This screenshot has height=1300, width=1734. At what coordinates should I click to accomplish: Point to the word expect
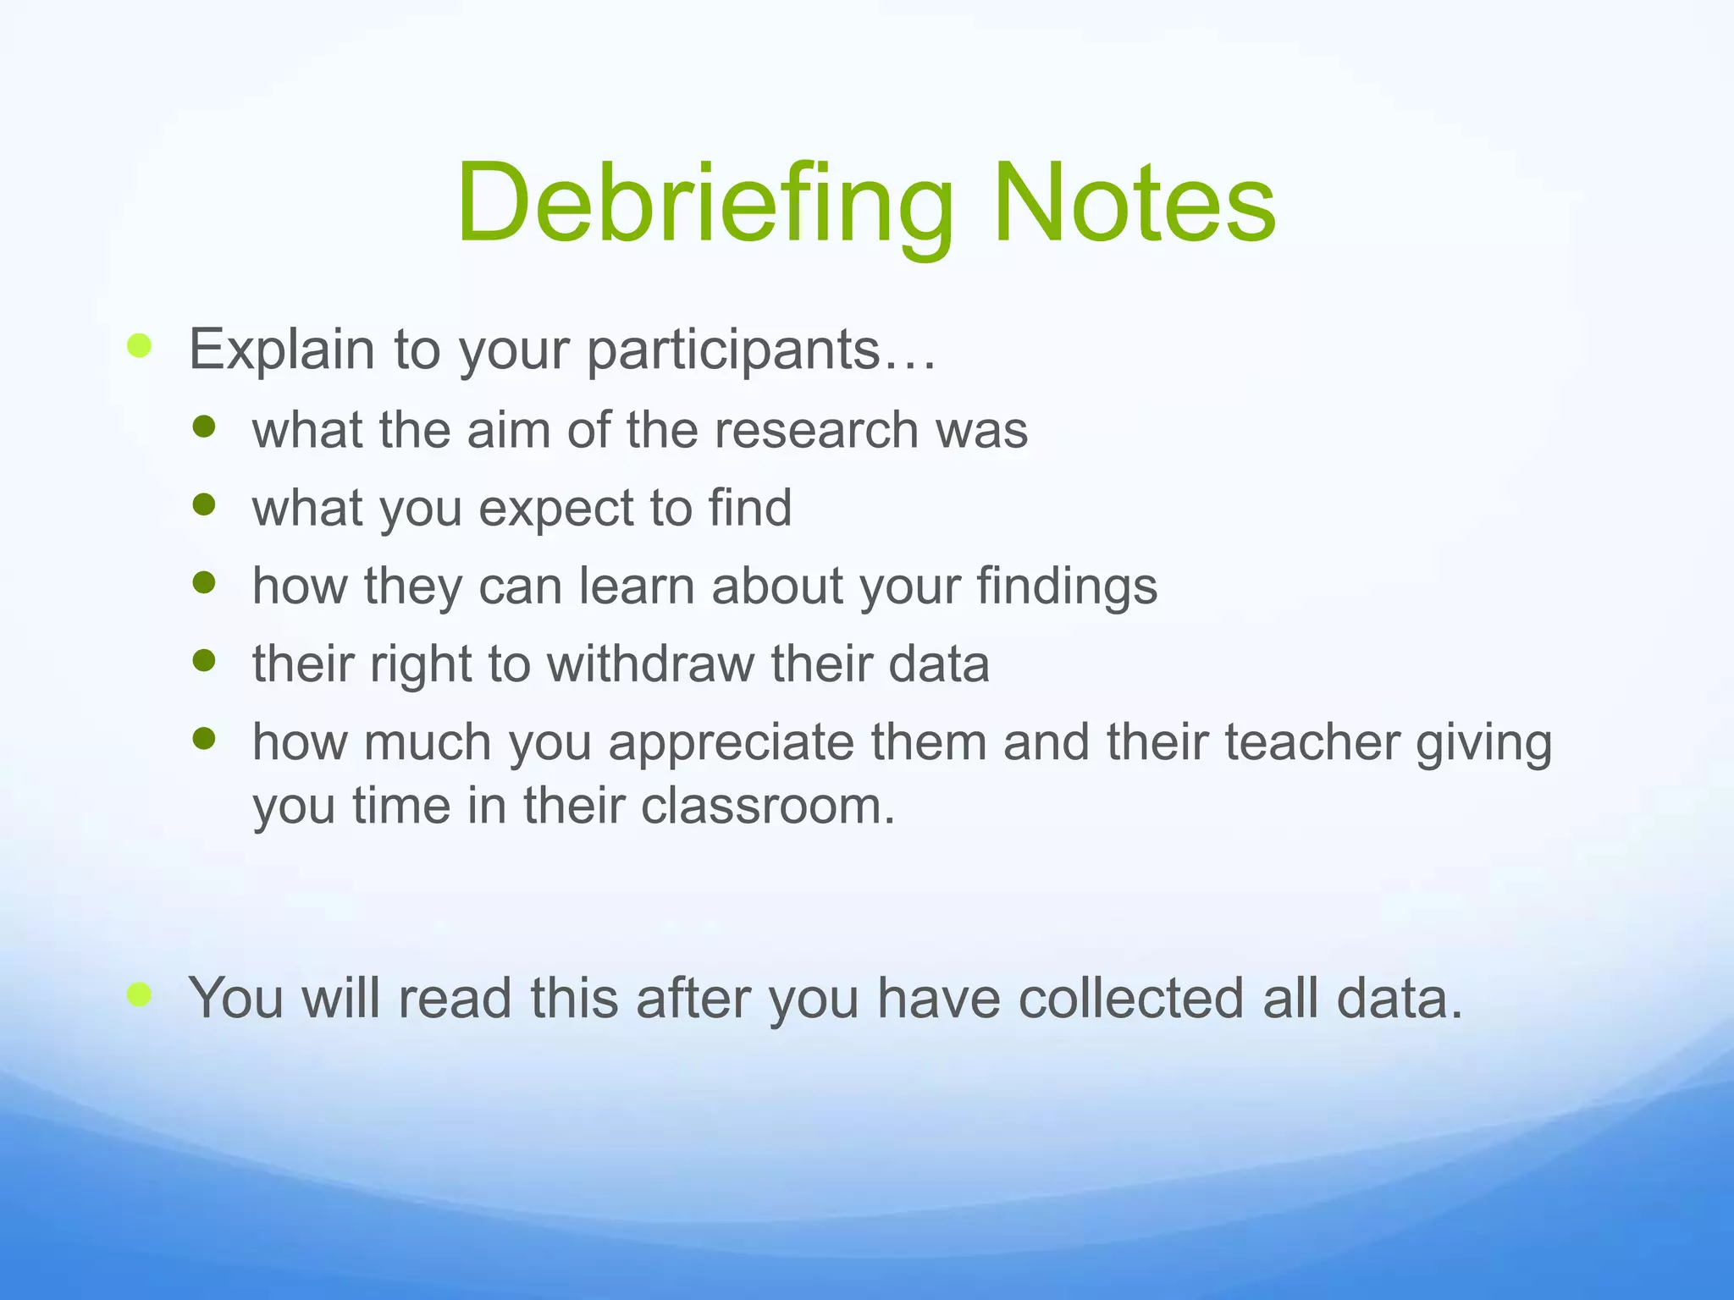(555, 509)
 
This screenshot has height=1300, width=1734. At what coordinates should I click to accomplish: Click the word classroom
(767, 806)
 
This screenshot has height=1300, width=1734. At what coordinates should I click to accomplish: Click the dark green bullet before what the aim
(204, 427)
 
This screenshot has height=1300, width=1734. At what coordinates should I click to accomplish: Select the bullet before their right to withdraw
(204, 660)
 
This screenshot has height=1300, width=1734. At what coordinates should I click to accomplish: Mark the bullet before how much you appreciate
(204, 739)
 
